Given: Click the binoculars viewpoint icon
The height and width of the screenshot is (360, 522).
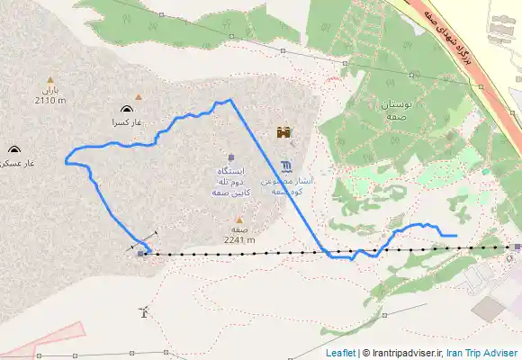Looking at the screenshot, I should tap(284, 133).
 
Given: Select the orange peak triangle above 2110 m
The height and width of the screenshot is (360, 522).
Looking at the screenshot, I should tap(49, 78).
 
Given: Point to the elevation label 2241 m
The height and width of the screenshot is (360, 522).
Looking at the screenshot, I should tap(239, 239).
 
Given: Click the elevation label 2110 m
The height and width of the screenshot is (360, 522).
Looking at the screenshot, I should tap(50, 101).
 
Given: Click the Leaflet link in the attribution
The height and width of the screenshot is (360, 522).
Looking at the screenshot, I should tap(340, 353).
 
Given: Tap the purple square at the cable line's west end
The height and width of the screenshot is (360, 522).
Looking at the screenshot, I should tap(140, 254).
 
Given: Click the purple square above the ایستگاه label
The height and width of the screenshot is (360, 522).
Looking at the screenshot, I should tap(231, 157).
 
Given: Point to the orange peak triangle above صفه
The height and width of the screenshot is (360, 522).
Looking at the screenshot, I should tap(239, 219).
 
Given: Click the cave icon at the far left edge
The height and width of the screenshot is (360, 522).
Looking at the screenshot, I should tap(13, 149).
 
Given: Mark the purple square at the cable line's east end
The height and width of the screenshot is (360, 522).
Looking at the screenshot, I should tap(517, 247).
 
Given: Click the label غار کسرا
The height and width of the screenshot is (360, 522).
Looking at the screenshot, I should tap(128, 121).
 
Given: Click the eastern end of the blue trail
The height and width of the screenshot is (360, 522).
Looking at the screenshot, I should tap(456, 236).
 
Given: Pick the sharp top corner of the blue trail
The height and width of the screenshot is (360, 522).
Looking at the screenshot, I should tap(230, 99).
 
